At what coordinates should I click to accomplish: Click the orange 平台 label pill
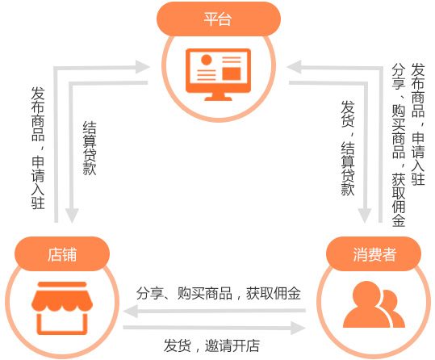(x=219, y=19)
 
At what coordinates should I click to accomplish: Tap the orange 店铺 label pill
(x=62, y=253)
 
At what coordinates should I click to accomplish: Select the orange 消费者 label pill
(x=374, y=253)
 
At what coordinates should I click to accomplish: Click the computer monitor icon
(x=219, y=74)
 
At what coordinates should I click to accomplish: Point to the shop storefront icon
(x=62, y=308)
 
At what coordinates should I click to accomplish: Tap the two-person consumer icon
(x=374, y=304)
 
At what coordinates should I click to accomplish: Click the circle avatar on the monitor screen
(x=207, y=60)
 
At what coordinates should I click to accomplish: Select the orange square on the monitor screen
(x=232, y=73)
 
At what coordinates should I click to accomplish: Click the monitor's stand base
(x=219, y=97)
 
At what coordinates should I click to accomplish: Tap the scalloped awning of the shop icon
(x=62, y=297)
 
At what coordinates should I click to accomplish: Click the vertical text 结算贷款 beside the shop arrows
(x=90, y=149)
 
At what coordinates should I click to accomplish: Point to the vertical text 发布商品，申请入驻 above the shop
(x=38, y=148)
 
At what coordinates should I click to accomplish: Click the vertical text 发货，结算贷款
(x=348, y=148)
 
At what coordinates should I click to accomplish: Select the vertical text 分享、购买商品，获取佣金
(x=399, y=145)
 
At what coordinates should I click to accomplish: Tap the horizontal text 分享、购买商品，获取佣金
(x=219, y=293)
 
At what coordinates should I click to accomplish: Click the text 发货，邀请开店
(x=211, y=345)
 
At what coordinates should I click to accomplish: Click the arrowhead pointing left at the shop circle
(x=131, y=311)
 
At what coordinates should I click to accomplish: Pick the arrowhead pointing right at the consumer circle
(x=299, y=328)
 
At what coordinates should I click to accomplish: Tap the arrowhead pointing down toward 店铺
(x=72, y=216)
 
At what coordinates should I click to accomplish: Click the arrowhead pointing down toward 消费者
(x=365, y=216)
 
